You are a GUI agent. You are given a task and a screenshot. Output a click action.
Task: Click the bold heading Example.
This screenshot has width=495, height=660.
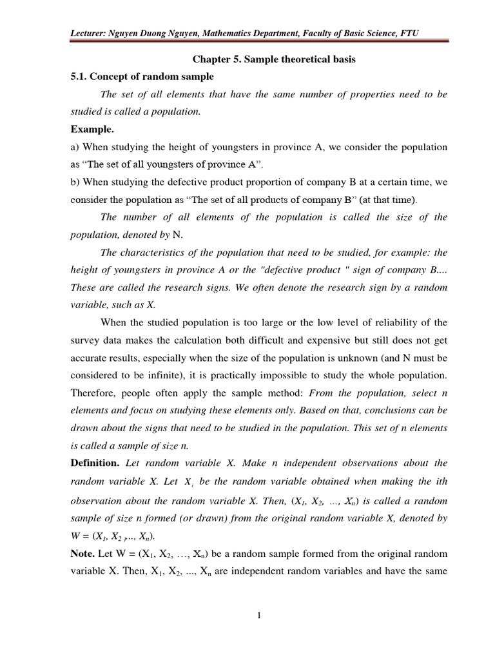coord(92,129)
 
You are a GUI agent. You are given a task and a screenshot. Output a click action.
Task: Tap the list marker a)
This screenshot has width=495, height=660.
coord(75,147)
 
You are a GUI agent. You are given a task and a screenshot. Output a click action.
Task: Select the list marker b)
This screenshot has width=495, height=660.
coord(75,182)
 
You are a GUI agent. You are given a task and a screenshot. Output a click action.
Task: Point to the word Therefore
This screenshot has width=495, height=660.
coord(94,393)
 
